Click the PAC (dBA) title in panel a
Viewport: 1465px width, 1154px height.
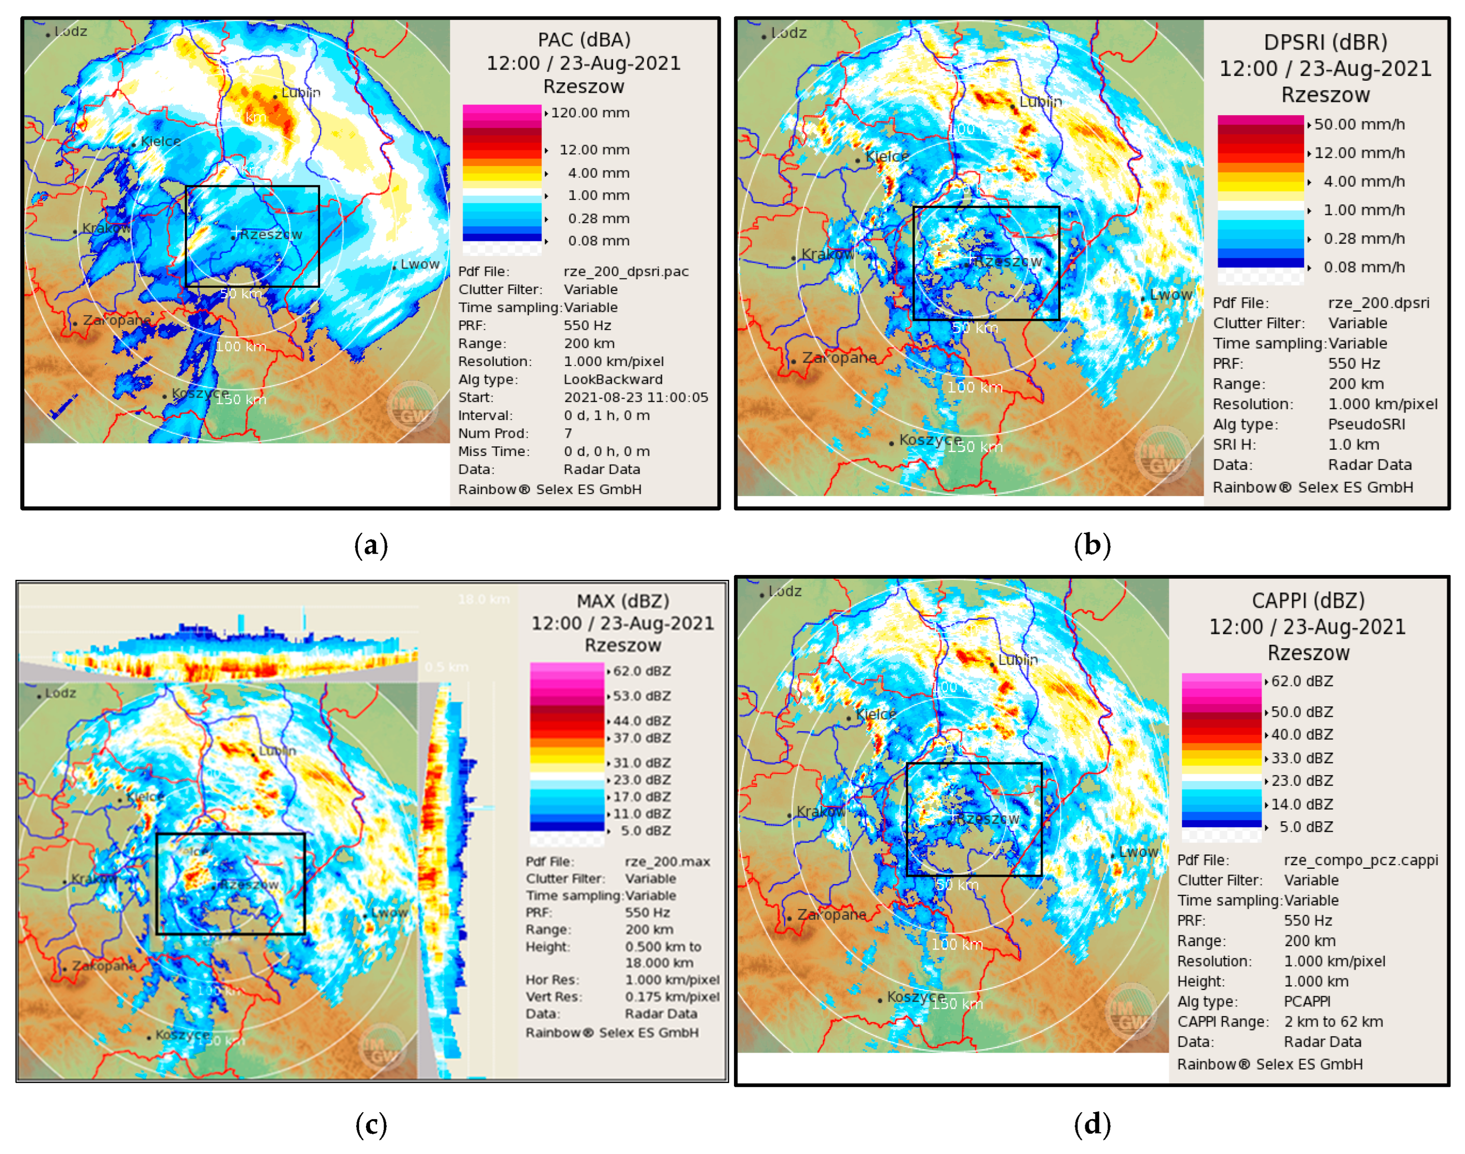pos(584,40)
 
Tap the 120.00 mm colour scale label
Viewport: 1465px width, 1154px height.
pos(590,113)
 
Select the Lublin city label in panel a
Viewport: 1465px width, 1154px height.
pos(301,93)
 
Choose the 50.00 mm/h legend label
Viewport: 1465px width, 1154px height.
pos(1359,124)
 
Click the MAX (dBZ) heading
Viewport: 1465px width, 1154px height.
pos(622,601)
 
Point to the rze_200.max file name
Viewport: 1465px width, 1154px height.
pos(667,861)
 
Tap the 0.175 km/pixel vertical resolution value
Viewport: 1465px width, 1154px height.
pos(672,997)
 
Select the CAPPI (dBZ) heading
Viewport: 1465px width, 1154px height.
pos(1308,601)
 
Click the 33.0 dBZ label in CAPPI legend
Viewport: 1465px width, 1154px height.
pos(1301,758)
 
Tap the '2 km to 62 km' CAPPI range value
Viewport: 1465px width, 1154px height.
pos(1333,1022)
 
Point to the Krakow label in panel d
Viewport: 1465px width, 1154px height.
pos(820,811)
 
